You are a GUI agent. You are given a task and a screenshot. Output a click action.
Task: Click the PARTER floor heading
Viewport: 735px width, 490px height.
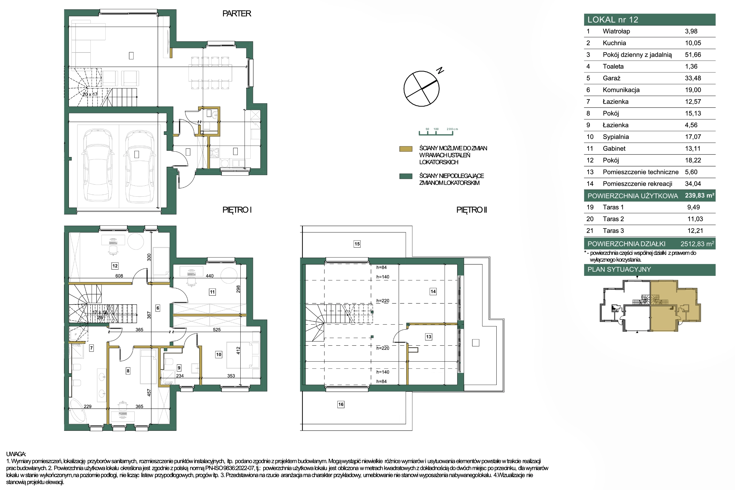(x=237, y=13)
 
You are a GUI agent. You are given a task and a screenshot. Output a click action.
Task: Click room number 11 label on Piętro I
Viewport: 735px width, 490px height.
(x=212, y=292)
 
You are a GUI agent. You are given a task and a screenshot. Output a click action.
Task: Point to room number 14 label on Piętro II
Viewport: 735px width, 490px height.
(x=433, y=292)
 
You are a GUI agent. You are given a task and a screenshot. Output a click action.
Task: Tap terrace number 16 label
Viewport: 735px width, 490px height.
(x=341, y=404)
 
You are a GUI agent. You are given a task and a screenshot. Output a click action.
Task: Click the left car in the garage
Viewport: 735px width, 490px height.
(x=98, y=165)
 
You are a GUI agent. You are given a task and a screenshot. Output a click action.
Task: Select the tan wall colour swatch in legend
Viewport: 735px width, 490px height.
(x=406, y=149)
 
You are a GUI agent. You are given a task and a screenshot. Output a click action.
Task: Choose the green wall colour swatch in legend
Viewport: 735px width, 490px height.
(x=406, y=176)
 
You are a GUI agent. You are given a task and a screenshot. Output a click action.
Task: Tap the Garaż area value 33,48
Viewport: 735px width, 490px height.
(x=693, y=78)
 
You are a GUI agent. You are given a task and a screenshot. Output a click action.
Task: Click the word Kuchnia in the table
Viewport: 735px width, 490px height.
(x=614, y=43)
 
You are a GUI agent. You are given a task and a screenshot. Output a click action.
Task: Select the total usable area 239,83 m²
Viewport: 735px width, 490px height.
(x=699, y=195)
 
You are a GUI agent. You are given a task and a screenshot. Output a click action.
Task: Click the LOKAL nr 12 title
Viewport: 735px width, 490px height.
(x=612, y=20)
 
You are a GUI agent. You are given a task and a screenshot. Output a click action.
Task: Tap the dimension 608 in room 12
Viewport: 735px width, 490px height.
(x=119, y=276)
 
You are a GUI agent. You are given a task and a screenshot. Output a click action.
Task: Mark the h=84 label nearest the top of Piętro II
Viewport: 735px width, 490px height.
(x=381, y=268)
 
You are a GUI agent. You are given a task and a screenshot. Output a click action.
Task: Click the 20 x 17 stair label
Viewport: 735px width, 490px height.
(x=90, y=94)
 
